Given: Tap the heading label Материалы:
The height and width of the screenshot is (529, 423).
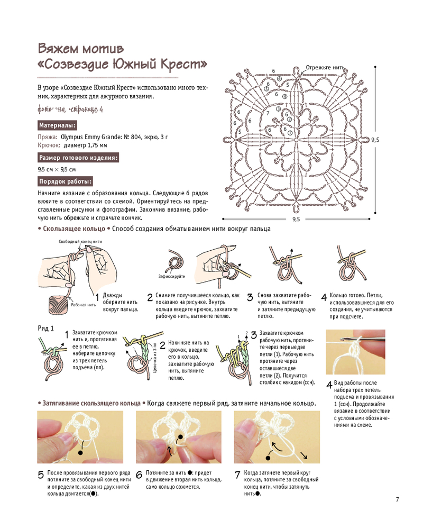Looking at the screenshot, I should click(57, 125).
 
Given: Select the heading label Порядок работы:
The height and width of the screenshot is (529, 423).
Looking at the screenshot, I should click(65, 181).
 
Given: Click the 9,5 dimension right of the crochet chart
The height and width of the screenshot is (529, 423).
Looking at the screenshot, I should click(375, 140).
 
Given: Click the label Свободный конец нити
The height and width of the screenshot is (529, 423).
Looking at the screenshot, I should click(80, 241).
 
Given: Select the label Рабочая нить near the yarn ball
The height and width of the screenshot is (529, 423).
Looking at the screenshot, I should click(82, 305).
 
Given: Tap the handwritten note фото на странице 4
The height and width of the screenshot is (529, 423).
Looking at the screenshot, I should click(70, 110).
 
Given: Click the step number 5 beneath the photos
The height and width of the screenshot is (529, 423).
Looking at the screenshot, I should click(41, 475).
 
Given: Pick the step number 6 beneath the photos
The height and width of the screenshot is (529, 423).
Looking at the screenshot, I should click(139, 475).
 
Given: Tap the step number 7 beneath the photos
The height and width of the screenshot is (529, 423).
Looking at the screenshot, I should click(237, 475).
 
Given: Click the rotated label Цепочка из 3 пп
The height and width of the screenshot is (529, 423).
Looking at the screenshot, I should click(155, 359).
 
